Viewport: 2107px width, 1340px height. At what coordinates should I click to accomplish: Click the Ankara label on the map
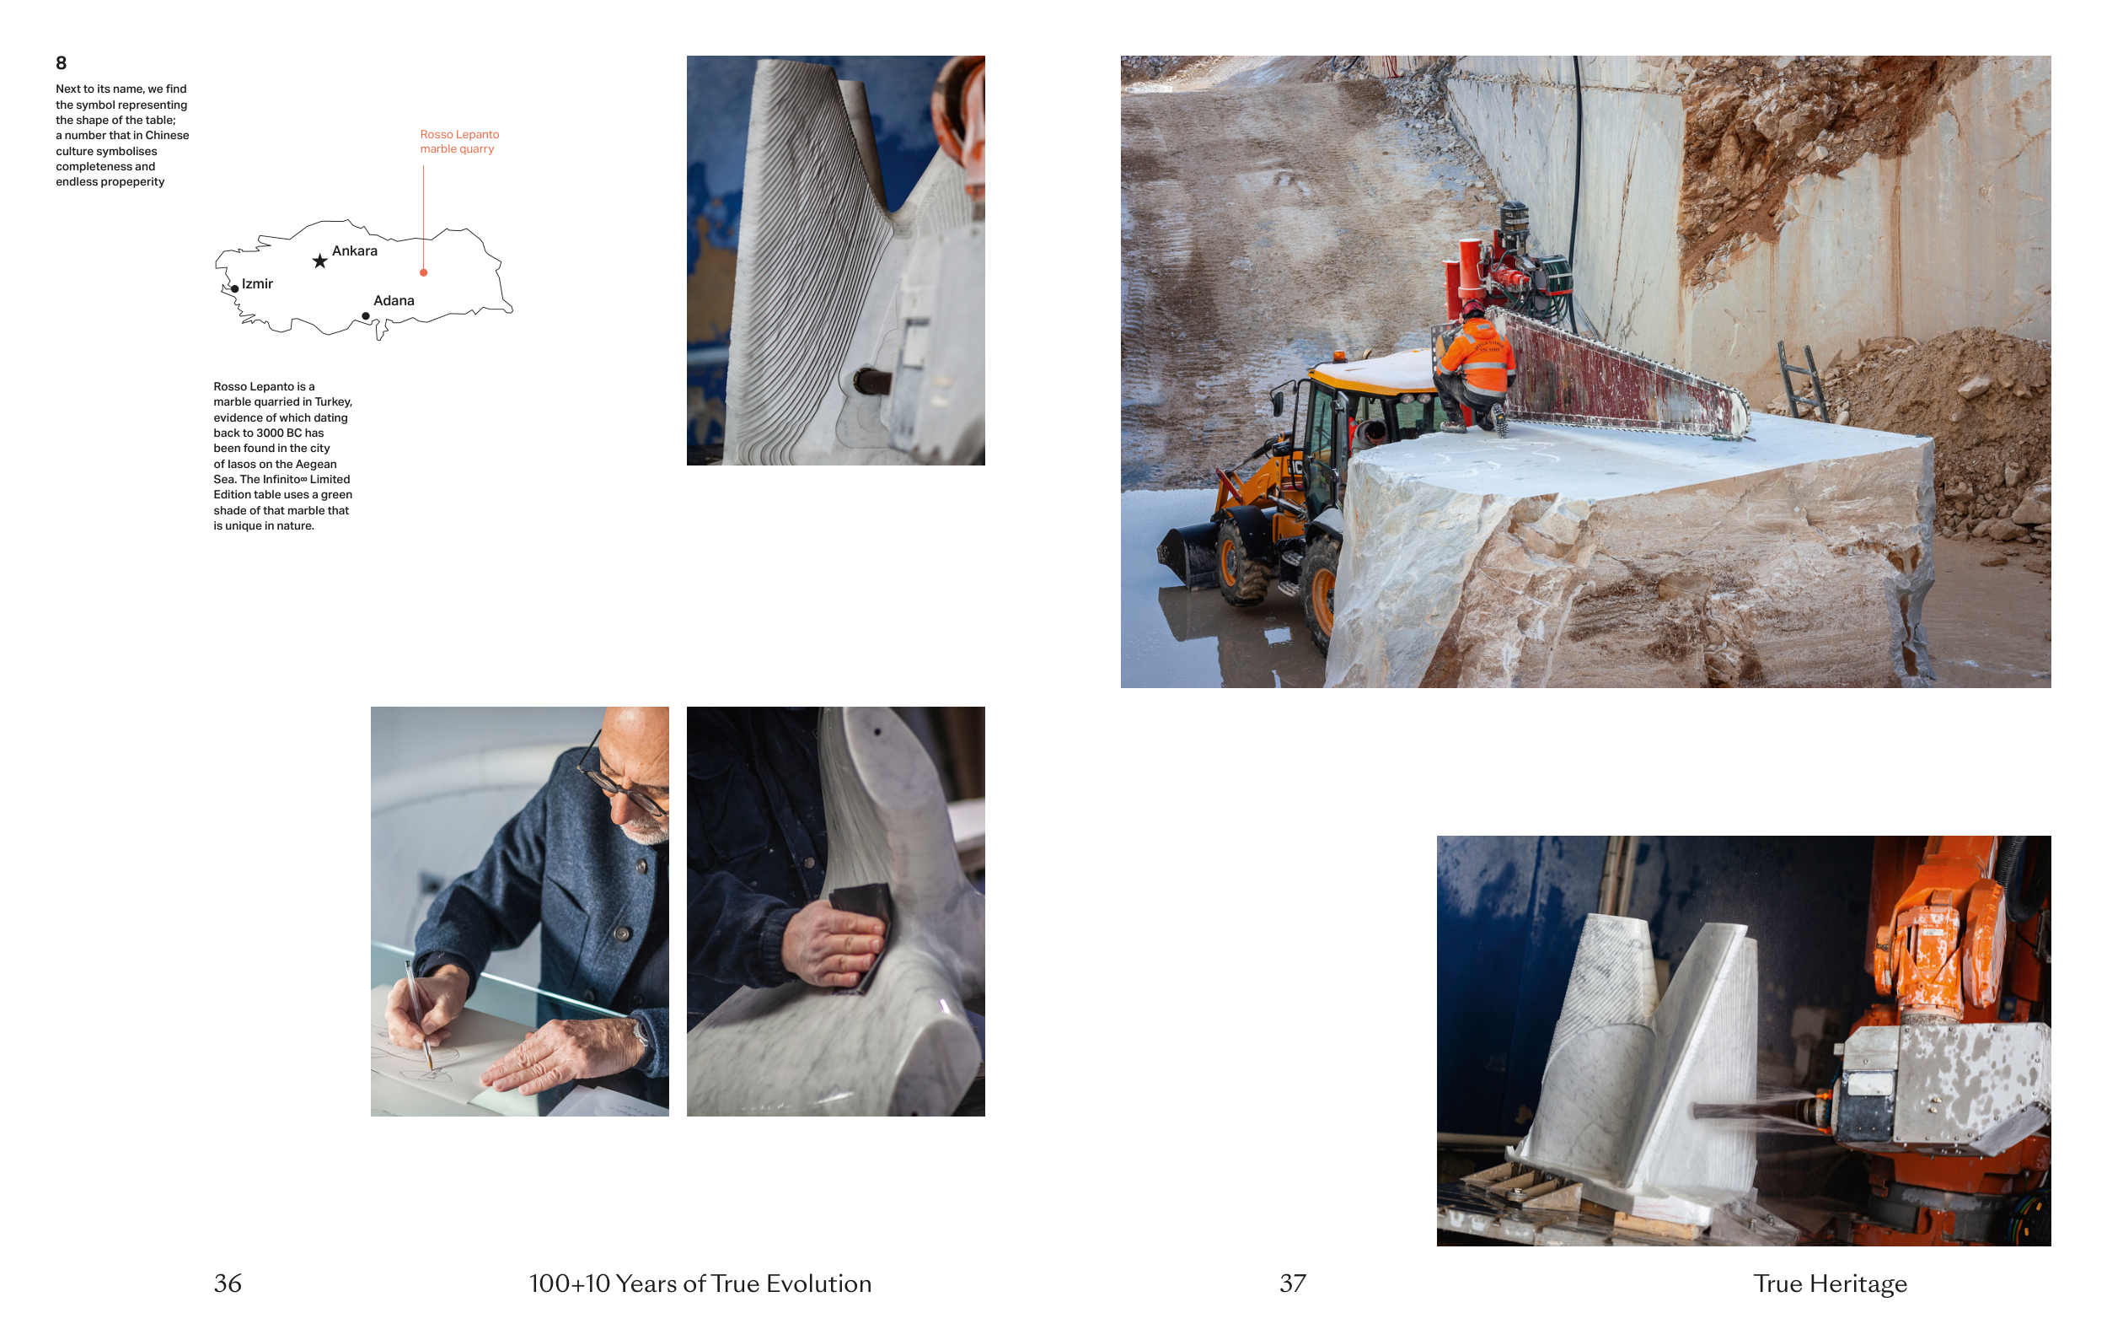pyautogui.click(x=354, y=251)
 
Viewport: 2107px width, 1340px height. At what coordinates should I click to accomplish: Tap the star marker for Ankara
pyautogui.click(x=320, y=261)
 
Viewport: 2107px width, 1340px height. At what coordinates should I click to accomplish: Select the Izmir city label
pyautogui.click(x=257, y=284)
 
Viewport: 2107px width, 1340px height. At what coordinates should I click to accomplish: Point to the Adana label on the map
pyautogui.click(x=394, y=301)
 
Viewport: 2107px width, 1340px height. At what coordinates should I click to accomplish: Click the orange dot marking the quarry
pyautogui.click(x=423, y=273)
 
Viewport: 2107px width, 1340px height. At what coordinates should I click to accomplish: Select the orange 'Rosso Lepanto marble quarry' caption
pyautogui.click(x=459, y=142)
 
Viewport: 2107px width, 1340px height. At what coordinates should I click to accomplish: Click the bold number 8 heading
pyautogui.click(x=62, y=63)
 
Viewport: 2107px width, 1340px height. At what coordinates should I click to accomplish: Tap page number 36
pyautogui.click(x=228, y=1283)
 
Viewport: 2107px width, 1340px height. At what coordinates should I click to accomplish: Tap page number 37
pyautogui.click(x=1292, y=1283)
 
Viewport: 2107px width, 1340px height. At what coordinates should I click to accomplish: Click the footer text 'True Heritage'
pyautogui.click(x=1830, y=1284)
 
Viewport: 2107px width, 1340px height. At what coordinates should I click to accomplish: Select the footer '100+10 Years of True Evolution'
pyautogui.click(x=700, y=1284)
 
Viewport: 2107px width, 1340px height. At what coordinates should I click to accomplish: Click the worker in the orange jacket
pyautogui.click(x=1474, y=368)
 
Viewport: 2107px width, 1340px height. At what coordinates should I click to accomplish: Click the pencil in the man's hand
pyautogui.click(x=419, y=1015)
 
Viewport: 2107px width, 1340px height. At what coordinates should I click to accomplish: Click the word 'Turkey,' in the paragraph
pyautogui.click(x=334, y=401)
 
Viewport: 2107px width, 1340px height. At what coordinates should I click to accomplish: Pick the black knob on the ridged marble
pyautogui.click(x=871, y=382)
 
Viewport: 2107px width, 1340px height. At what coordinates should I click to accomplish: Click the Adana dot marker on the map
pyautogui.click(x=366, y=316)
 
